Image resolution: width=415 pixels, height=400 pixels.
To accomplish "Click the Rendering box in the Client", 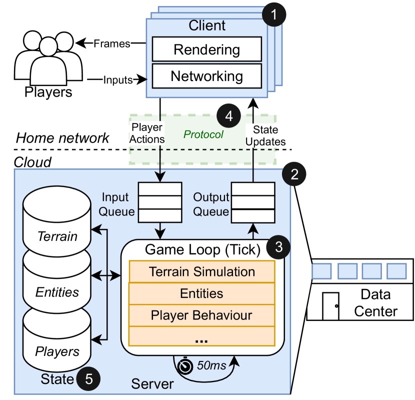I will [x=206, y=50].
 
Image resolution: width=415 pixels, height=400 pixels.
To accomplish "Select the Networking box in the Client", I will [x=206, y=76].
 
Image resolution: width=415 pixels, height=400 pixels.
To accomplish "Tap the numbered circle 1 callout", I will [x=274, y=14].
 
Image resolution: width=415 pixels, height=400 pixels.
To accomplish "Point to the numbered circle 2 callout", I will [x=294, y=174].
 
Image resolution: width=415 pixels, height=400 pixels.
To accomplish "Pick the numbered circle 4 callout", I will [x=228, y=116].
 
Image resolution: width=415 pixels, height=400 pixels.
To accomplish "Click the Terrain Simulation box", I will [x=202, y=272].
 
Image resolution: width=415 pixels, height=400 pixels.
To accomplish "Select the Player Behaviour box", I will [x=202, y=315].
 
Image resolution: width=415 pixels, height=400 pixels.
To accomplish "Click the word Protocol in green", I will [x=203, y=134].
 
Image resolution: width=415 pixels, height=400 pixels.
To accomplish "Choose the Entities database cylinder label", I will [x=57, y=291].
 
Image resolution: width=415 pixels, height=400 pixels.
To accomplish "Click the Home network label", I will [x=62, y=138].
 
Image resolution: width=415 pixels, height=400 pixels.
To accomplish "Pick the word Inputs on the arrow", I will [x=117, y=79].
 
